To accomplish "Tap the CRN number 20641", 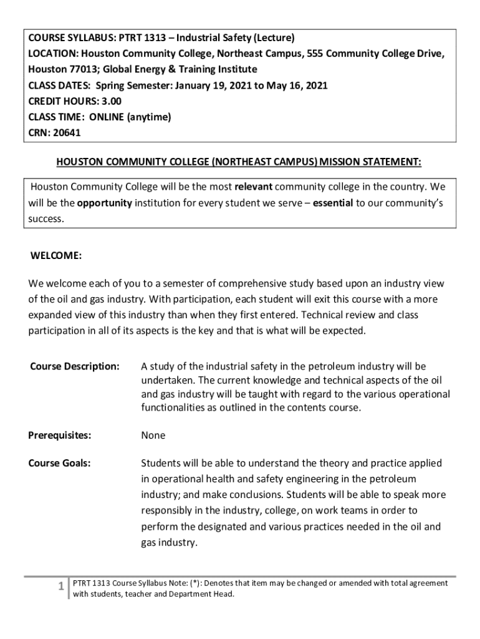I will pyautogui.click(x=68, y=132).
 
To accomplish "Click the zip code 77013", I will pyautogui.click(x=83, y=69).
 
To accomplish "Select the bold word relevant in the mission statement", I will pyautogui.click(x=253, y=187).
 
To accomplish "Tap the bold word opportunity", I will pyautogui.click(x=105, y=203).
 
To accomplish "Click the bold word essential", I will pyautogui.click(x=333, y=203).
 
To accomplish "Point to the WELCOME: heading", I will pyautogui.click(x=56, y=256).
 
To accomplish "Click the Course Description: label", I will pyautogui.click(x=75, y=366).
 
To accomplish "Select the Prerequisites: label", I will pyautogui.click(x=60, y=436).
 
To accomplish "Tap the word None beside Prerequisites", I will pyautogui.click(x=153, y=436).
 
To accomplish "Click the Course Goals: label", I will pyautogui.click(x=60, y=463).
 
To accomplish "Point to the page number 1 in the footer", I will pyautogui.click(x=60, y=586).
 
